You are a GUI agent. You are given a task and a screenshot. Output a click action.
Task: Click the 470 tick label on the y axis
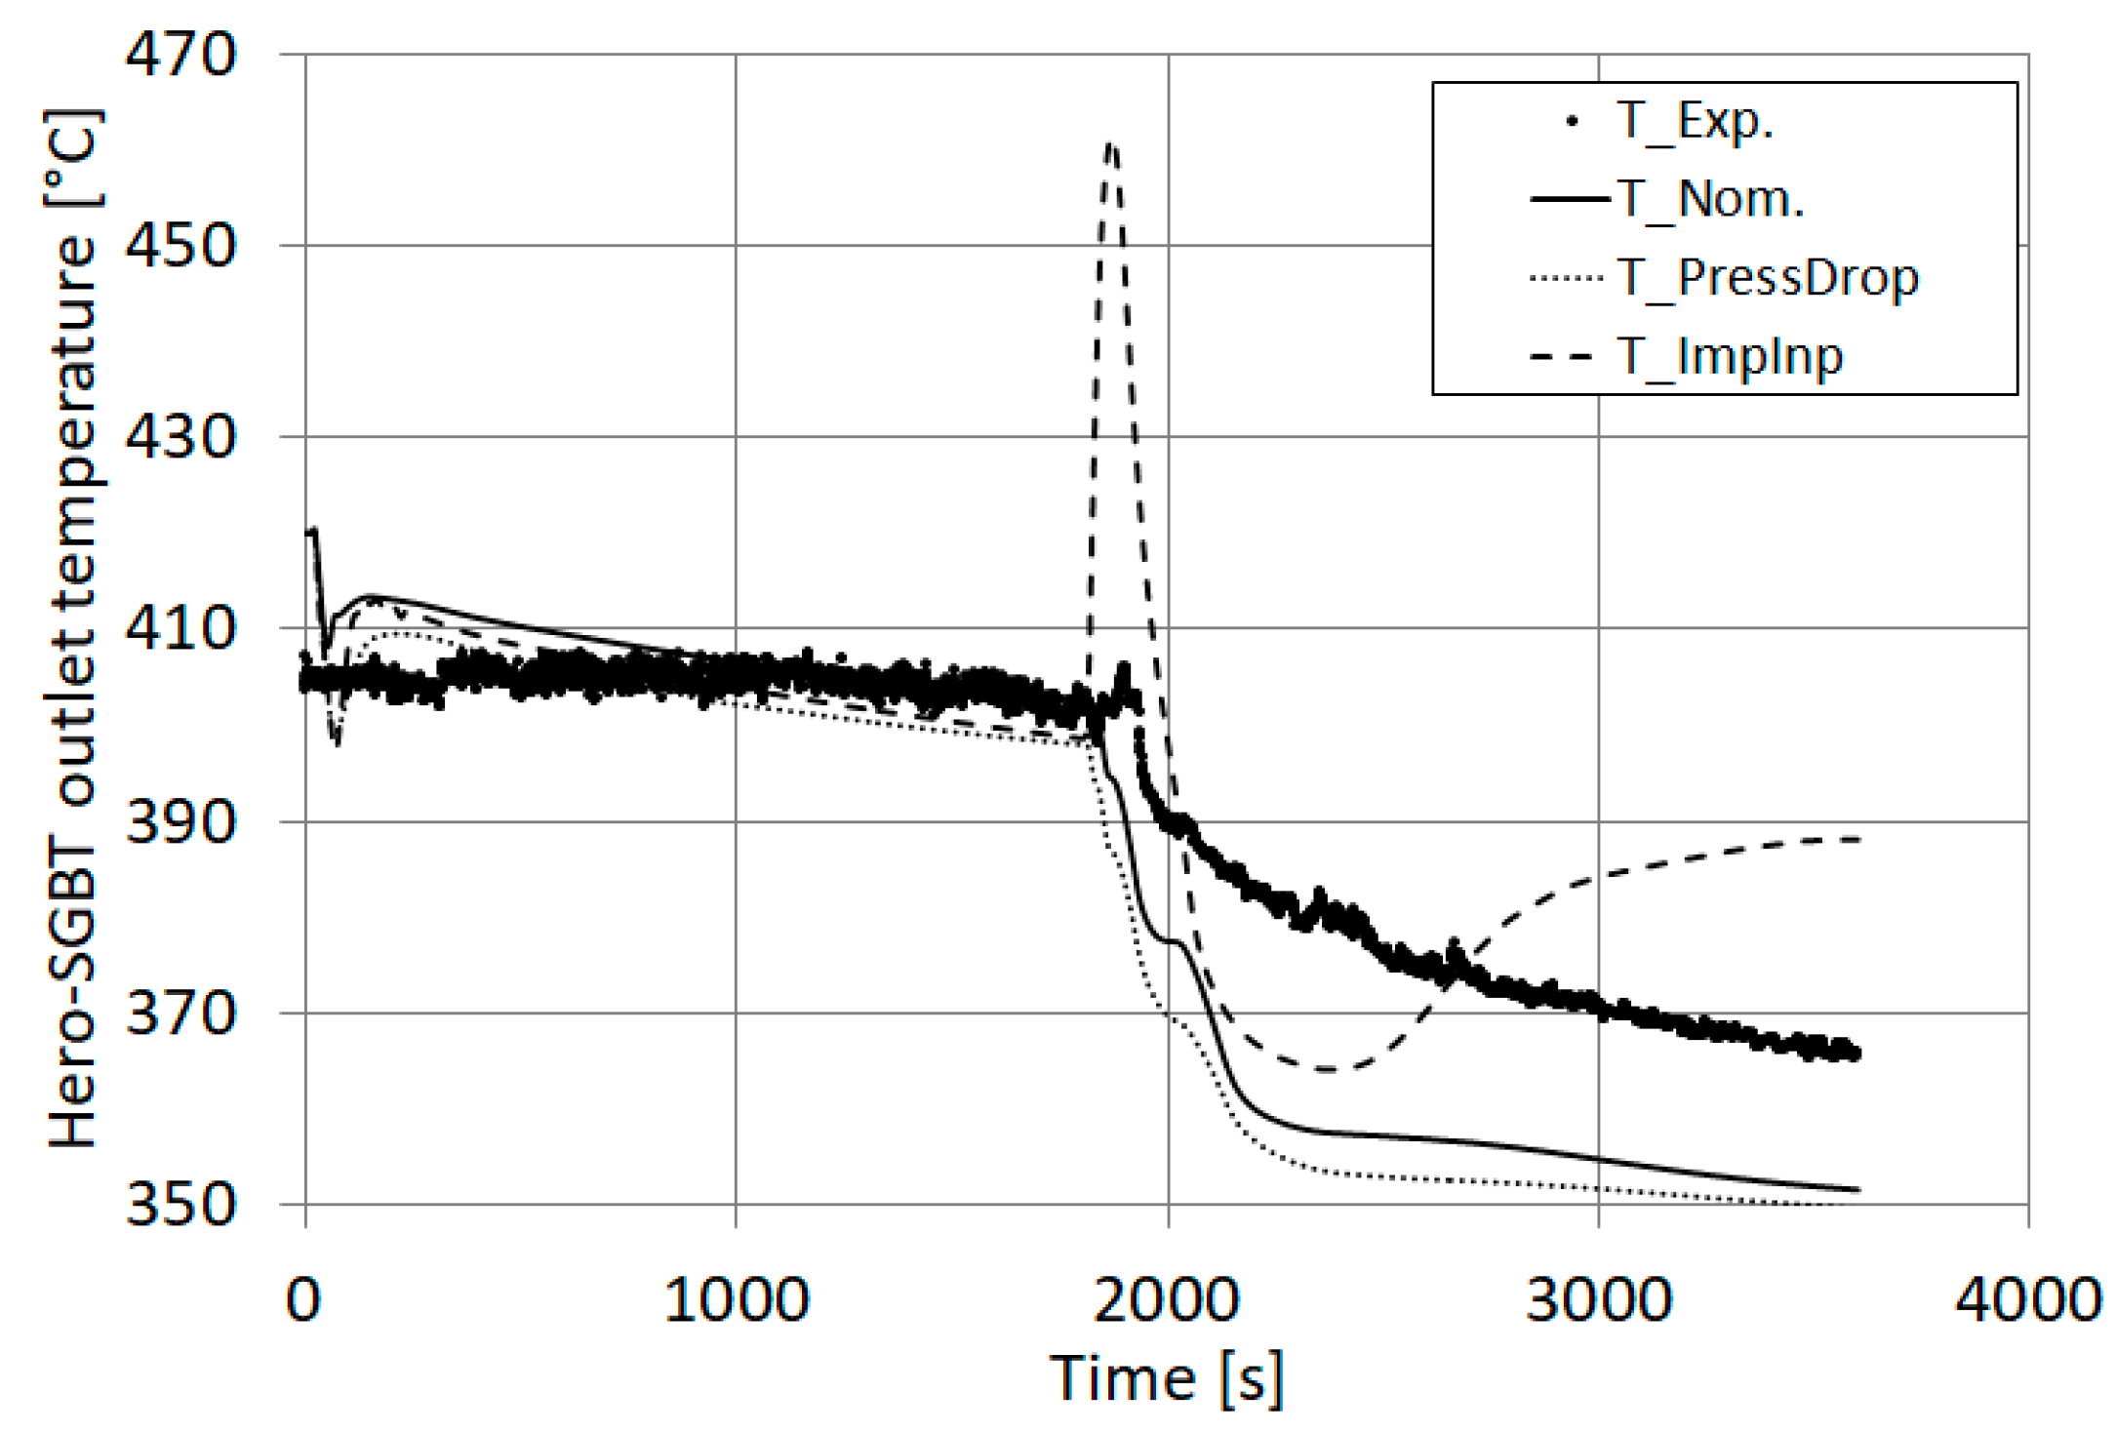coord(181,55)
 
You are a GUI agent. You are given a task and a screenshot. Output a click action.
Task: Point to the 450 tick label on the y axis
coord(181,246)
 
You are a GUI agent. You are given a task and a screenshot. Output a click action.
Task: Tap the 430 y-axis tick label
coord(181,437)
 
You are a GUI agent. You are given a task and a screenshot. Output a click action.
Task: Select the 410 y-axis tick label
coord(181,628)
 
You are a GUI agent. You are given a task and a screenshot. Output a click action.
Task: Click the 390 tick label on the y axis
coord(181,821)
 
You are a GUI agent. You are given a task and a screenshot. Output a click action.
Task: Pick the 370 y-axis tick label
coord(181,1013)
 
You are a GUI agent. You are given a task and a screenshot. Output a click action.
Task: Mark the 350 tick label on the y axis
coord(181,1204)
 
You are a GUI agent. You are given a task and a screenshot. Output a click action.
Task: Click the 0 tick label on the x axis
coord(303,1299)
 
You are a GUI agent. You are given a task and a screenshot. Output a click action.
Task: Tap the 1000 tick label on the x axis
coord(737,1299)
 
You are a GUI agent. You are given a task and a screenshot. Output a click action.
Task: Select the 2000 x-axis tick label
coord(1167,1299)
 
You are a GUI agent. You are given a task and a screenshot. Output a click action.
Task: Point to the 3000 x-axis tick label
coord(1599,1299)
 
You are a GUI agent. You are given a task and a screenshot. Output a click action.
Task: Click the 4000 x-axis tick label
coord(2028,1299)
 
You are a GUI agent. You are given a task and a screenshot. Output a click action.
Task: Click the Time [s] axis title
coord(1167,1379)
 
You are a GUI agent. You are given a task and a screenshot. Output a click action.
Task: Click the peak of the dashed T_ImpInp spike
coord(1111,146)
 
